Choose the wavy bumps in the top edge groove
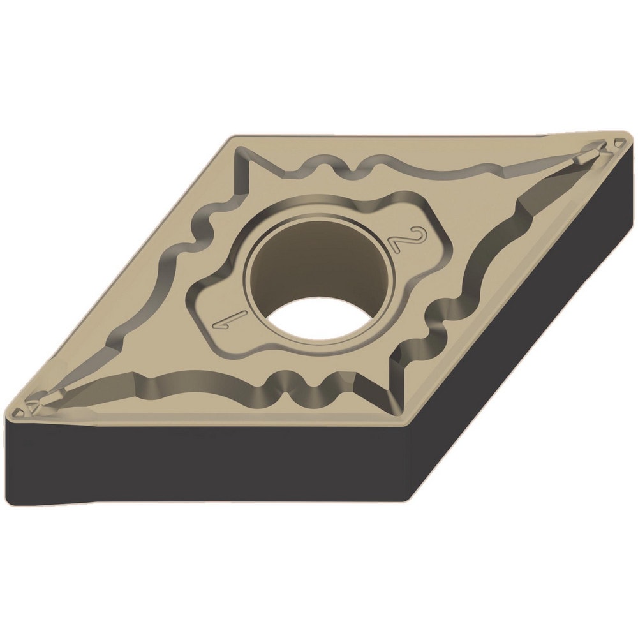(x=325, y=168)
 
